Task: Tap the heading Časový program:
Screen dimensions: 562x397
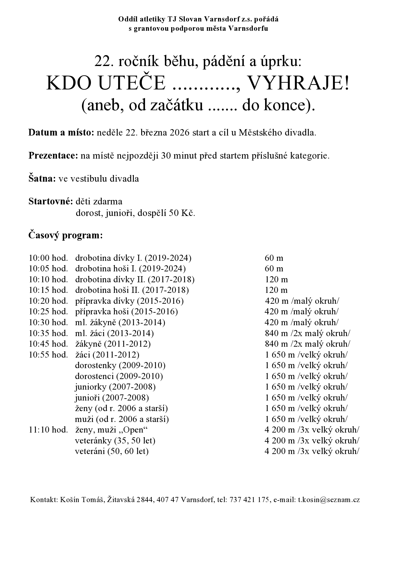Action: pyautogui.click(x=66, y=236)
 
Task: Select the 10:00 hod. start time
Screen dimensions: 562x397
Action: pyautogui.click(x=48, y=258)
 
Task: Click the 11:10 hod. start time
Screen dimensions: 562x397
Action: pyautogui.click(x=48, y=430)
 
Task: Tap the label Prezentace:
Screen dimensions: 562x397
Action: pyautogui.click(x=53, y=156)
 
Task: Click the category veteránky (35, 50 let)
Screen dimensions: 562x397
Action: pyautogui.click(x=115, y=441)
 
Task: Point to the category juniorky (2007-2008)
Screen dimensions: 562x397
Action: pyautogui.click(x=115, y=387)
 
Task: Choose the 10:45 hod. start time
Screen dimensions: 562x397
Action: pyautogui.click(x=48, y=344)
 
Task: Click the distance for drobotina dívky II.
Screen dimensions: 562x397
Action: pyautogui.click(x=276, y=279)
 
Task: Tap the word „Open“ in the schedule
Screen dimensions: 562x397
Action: pyautogui.click(x=134, y=430)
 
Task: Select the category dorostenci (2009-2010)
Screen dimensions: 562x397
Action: pyautogui.click(x=119, y=376)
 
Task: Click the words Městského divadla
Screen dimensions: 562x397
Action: pyautogui.click(x=277, y=133)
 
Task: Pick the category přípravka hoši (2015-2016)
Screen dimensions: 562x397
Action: pyautogui.click(x=126, y=311)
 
